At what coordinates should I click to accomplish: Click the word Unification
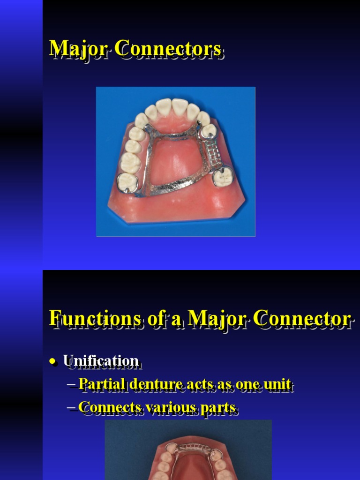pos(101,361)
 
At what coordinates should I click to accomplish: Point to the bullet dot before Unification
pos(54,361)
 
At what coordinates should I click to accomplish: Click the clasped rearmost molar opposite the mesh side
pos(126,181)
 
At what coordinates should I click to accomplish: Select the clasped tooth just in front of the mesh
pos(208,131)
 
